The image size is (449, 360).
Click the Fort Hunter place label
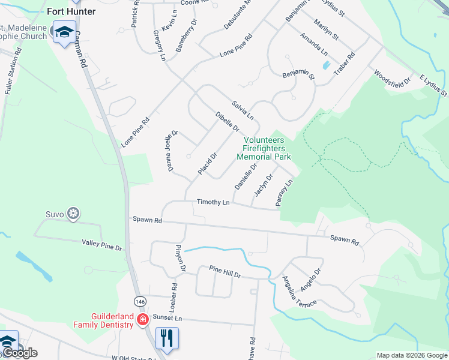[x=71, y=11]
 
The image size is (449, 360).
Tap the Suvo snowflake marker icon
[x=73, y=214]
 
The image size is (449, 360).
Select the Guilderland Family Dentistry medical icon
[x=142, y=319]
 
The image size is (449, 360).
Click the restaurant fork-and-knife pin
[x=167, y=337]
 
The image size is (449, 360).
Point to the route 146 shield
[x=140, y=301]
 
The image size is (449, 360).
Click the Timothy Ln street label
[x=213, y=203]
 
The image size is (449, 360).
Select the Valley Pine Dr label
[x=102, y=245]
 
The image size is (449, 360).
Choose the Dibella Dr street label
[x=228, y=121]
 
